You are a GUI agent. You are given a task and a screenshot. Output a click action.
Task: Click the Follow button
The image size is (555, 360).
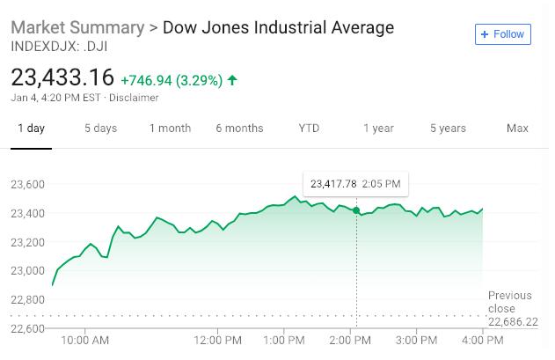(x=502, y=34)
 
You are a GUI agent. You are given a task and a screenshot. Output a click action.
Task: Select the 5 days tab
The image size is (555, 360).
(x=100, y=129)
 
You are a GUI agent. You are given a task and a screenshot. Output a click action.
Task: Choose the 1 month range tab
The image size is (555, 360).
(x=170, y=129)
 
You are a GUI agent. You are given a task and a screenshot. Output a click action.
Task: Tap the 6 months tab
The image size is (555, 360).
(x=239, y=129)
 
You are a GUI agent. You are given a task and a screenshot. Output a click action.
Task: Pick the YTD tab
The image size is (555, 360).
(x=309, y=129)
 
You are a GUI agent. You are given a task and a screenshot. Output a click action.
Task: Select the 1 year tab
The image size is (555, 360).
(x=378, y=129)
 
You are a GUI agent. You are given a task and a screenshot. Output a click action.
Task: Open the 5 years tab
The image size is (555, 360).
(x=448, y=129)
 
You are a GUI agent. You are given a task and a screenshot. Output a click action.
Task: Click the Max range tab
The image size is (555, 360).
(x=517, y=129)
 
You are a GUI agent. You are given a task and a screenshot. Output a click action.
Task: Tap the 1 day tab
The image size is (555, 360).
(x=31, y=129)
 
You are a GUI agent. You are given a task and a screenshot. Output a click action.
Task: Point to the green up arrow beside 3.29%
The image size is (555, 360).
(x=232, y=80)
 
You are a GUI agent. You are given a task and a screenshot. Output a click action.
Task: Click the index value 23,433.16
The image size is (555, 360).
(x=62, y=77)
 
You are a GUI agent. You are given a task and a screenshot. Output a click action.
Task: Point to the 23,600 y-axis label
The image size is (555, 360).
(x=28, y=184)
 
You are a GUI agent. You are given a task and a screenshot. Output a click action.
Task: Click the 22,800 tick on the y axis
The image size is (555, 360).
(x=28, y=299)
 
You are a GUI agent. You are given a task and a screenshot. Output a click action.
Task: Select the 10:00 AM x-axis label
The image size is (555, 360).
(x=86, y=340)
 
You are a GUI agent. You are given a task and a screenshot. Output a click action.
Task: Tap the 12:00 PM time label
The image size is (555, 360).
(x=218, y=340)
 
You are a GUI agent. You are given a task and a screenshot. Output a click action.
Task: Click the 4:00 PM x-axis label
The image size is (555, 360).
(x=482, y=340)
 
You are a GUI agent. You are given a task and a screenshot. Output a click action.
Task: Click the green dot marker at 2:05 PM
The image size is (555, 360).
(x=356, y=210)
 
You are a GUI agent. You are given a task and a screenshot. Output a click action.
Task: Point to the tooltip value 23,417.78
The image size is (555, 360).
(x=333, y=184)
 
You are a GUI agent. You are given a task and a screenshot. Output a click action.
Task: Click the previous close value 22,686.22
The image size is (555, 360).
(x=513, y=322)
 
